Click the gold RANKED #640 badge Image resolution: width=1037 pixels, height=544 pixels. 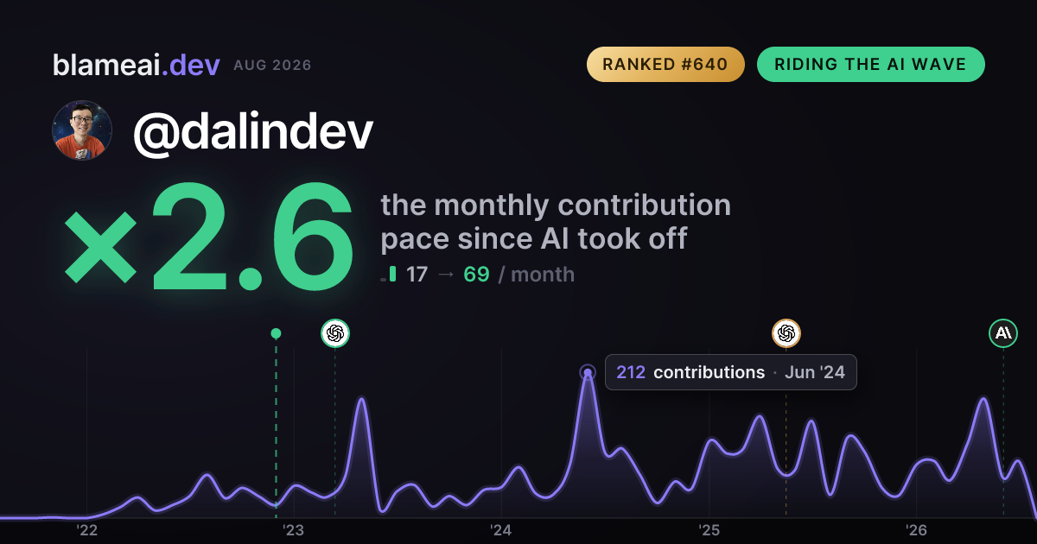tap(665, 64)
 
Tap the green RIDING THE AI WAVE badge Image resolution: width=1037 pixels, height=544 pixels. tap(871, 64)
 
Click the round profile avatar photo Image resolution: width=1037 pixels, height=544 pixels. tap(82, 130)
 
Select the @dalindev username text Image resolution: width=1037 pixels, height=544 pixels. tap(252, 132)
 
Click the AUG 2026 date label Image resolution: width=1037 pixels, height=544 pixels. tap(272, 66)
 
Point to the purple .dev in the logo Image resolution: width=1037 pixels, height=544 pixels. tap(190, 65)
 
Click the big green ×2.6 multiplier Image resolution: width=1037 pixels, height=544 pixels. tap(209, 237)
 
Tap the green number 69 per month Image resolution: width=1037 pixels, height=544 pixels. tap(476, 275)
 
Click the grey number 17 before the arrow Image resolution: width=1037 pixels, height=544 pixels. tap(417, 275)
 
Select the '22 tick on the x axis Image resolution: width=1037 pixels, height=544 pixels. tap(86, 530)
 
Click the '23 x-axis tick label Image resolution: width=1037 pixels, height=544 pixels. tap(294, 530)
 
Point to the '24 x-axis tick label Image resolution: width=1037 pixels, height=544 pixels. tap(501, 530)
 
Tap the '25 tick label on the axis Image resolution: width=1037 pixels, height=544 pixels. tap(709, 530)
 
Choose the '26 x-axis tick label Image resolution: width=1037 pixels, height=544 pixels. tap(916, 530)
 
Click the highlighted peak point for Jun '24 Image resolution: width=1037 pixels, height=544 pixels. tap(588, 372)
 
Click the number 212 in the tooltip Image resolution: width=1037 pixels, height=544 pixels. tap(631, 372)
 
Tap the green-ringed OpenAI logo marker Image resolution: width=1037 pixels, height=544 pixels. tap(335, 333)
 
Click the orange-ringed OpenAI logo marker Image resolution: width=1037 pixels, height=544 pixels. tap(786, 333)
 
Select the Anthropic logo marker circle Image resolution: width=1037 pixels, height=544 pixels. tap(1003, 333)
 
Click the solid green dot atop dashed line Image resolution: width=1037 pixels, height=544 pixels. tap(276, 333)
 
